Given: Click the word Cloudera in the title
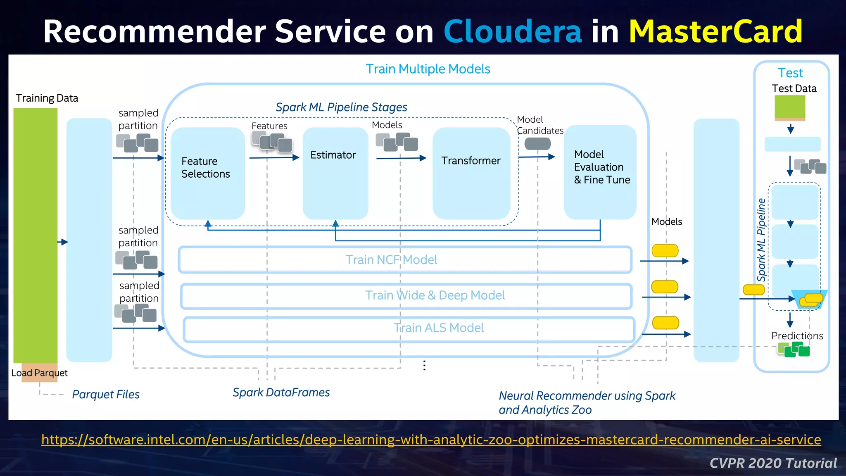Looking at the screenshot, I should point(512,31).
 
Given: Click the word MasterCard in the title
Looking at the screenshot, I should point(715,31).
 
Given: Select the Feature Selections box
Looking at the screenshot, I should point(208,173).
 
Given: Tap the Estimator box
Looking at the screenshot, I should point(335,173).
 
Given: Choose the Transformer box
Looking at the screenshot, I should point(471,173).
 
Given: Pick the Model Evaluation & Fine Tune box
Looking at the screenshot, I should point(600,172).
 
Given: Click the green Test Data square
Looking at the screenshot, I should point(790,107).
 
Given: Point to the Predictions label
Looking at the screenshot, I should point(797,336).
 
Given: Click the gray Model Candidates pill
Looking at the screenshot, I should point(537,144).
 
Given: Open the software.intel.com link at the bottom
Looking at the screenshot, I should point(431,439).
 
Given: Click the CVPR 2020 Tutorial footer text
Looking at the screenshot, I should point(773,463).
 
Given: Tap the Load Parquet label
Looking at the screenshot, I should point(39,373).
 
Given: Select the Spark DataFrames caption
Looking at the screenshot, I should point(281,392).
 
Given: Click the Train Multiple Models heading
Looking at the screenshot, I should point(428,69).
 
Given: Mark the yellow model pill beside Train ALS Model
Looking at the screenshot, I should point(665,323).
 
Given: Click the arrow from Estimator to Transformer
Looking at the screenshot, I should point(401,158).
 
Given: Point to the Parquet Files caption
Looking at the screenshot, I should point(106,394).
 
